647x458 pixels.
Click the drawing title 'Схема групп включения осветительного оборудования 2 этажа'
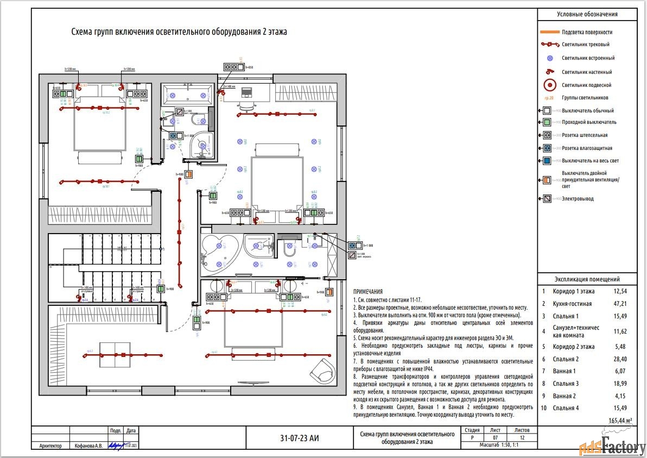click(179, 32)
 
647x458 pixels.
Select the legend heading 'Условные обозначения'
click(591, 15)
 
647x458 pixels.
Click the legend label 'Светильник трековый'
click(585, 45)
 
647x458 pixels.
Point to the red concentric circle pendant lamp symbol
click(550, 85)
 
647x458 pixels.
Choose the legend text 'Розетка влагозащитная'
click(587, 148)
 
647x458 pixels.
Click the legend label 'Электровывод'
click(578, 199)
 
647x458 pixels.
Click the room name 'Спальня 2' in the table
click(566, 359)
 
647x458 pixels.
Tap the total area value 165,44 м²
click(621, 421)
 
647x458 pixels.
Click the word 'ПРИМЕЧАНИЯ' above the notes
click(367, 292)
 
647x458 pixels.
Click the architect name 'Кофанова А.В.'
click(87, 446)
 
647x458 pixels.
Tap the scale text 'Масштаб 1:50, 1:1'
click(499, 445)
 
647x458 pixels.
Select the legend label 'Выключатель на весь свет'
click(590, 161)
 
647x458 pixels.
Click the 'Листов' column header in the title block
click(522, 430)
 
